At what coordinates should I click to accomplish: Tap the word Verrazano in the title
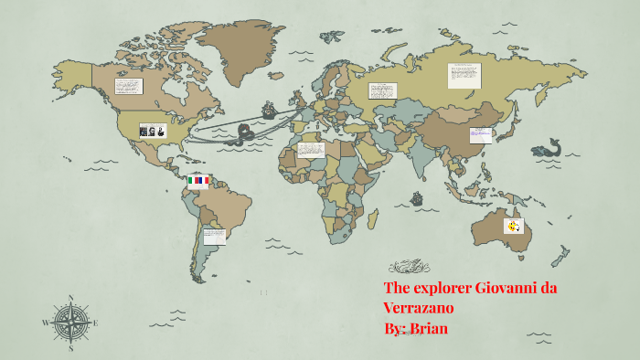[x=419, y=308]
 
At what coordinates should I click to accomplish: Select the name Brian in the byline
[x=427, y=327]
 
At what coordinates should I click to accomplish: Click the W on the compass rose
[x=45, y=323]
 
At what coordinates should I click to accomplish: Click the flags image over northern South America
[x=197, y=181]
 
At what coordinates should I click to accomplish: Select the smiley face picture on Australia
[x=514, y=226]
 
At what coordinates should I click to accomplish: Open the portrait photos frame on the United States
[x=153, y=131]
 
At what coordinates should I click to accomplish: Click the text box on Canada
[x=128, y=86]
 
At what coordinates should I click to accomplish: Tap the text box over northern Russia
[x=464, y=75]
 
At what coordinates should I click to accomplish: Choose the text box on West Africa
[x=311, y=150]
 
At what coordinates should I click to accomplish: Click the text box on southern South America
[x=214, y=237]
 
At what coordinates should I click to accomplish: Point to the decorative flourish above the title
[x=408, y=267]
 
